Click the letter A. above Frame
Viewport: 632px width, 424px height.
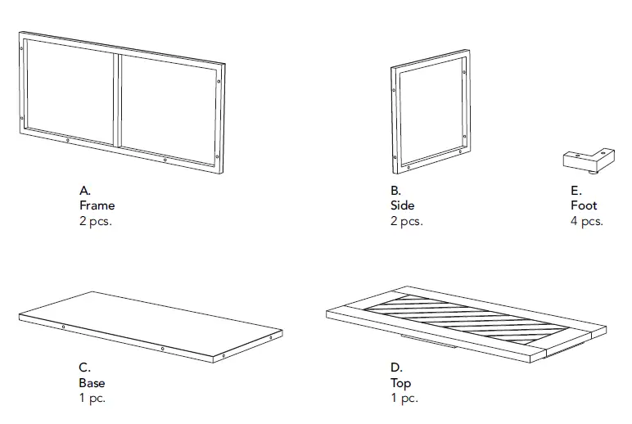point(85,191)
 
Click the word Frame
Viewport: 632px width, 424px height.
point(97,205)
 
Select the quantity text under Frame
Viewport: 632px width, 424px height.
point(95,221)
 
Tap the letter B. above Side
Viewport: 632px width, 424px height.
point(396,191)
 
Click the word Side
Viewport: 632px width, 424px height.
point(403,205)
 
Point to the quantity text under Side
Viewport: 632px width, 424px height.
point(406,221)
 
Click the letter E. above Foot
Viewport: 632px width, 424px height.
point(576,191)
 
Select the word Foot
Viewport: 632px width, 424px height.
point(584,205)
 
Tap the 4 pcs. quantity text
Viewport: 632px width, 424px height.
point(586,221)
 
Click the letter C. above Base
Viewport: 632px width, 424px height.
point(85,368)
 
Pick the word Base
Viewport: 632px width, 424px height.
point(92,382)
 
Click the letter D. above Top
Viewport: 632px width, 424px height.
point(396,368)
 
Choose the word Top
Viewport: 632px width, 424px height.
point(401,382)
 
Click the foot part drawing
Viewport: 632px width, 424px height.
point(587,159)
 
